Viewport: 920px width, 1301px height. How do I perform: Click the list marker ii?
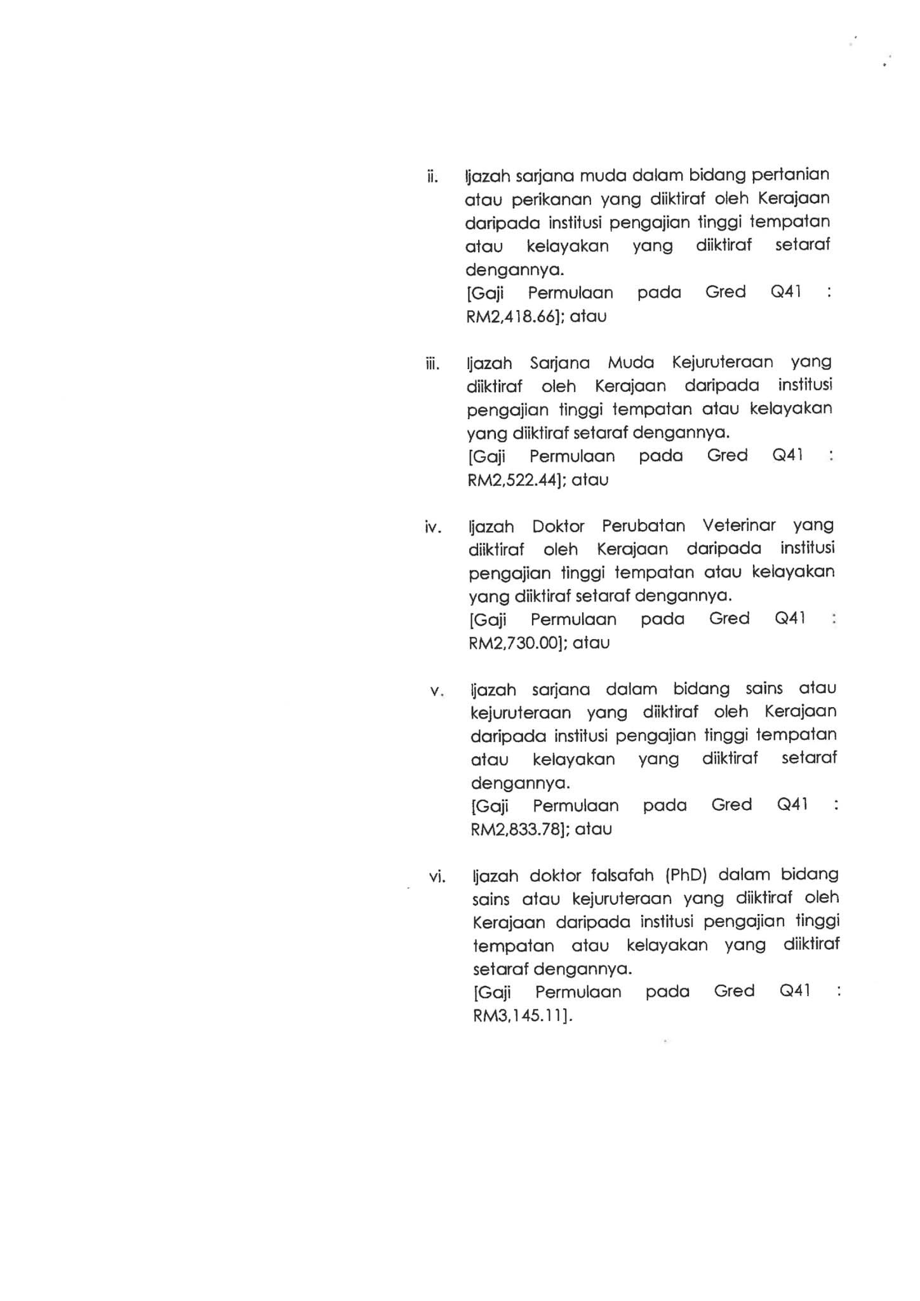432,176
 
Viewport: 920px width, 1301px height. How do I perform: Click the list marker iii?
432,364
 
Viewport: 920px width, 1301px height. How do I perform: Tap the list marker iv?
433,527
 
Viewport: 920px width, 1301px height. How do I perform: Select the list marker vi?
437,877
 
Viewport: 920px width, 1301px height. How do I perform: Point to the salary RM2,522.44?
516,480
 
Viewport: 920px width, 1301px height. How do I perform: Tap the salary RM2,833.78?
520,829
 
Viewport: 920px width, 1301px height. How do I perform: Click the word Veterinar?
739,526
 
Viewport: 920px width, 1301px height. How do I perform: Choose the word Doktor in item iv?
558,527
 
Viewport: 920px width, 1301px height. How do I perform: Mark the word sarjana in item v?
561,690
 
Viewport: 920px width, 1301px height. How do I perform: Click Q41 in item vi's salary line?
794,991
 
